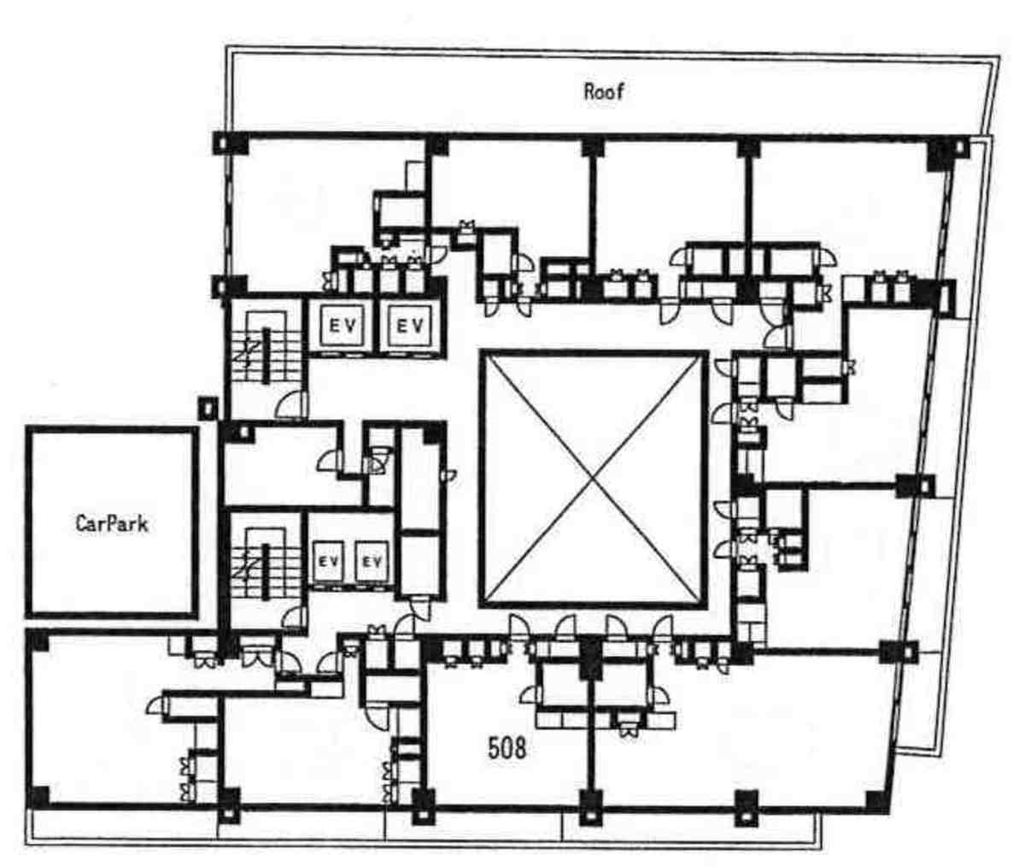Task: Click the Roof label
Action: (603, 91)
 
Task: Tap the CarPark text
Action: (112, 523)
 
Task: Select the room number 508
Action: (507, 748)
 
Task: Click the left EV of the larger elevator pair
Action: (343, 326)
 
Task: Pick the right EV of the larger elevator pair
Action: (410, 326)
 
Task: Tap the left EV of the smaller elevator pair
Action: (329, 561)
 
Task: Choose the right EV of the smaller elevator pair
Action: (372, 561)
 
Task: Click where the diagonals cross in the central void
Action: (594, 479)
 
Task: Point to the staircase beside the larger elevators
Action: (266, 355)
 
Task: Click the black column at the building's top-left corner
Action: (230, 144)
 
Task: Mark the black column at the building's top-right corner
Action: (948, 152)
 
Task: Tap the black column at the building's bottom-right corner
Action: (878, 802)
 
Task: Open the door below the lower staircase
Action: (294, 620)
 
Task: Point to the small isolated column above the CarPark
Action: (208, 408)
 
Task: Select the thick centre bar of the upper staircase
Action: (266, 355)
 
